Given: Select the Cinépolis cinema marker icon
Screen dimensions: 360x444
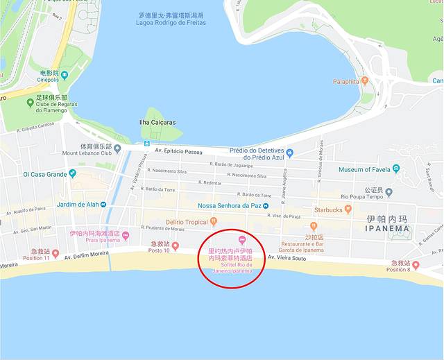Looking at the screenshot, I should tap(65, 75).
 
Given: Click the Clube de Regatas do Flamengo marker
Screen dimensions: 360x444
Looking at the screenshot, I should tap(30, 103).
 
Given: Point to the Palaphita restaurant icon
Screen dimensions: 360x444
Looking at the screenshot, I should tap(365, 81).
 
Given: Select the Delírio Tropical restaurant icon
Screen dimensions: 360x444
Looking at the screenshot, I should tap(214, 222).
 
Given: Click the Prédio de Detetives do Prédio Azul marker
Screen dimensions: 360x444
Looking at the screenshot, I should tap(289, 153).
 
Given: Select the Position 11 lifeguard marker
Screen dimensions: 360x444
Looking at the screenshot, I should tap(55, 254).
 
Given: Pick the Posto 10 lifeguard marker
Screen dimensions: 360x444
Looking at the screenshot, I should tap(175, 246).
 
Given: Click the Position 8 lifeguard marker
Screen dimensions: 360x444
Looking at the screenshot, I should tap(416, 265).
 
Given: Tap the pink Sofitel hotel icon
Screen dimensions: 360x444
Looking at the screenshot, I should tap(242, 240).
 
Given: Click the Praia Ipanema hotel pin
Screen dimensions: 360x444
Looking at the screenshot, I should tap(126, 237).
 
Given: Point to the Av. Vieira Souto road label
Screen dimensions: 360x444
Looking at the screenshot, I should tap(287, 258).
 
